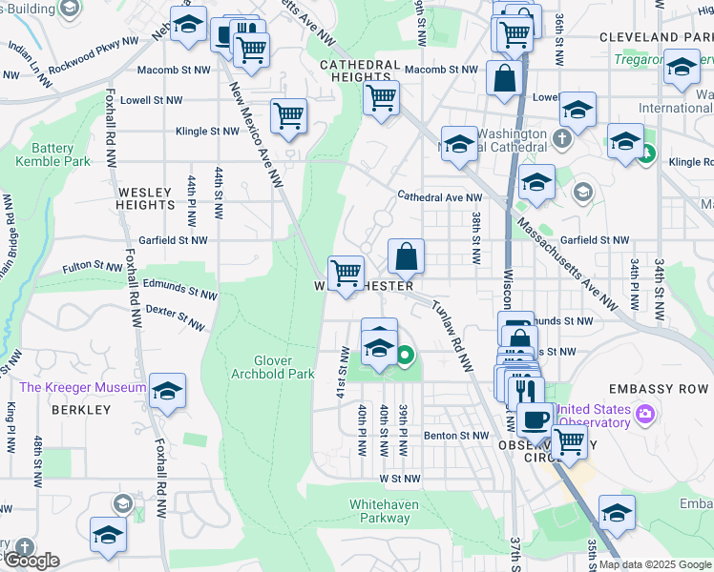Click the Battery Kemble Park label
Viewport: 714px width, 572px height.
coord(52,154)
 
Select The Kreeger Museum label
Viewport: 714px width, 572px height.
coord(83,387)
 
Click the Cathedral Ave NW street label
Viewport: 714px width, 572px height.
coord(440,197)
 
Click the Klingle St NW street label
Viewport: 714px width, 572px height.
coord(206,132)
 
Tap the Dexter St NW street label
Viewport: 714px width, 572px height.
coord(175,318)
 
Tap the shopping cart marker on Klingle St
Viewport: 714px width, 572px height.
coord(288,116)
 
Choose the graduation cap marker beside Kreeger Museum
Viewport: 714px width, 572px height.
coord(167,391)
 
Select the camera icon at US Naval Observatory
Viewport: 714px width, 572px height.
coord(645,414)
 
